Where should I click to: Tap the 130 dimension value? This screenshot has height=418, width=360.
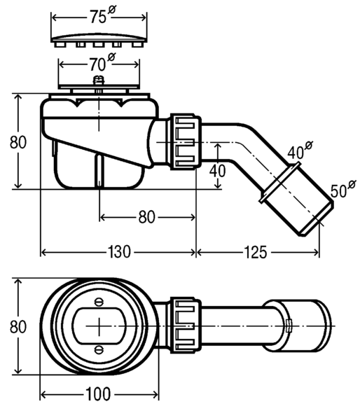(x=119, y=251)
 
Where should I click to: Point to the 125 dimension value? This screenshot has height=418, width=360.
(x=255, y=252)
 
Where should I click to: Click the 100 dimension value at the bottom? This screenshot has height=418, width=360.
(x=98, y=393)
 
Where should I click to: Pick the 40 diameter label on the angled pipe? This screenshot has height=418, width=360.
(x=300, y=151)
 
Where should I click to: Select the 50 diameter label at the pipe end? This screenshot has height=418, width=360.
(x=343, y=189)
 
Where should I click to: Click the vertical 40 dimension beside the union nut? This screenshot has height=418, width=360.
(x=217, y=171)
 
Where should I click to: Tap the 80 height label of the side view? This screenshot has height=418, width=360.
(x=18, y=142)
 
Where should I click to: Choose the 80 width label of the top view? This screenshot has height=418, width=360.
(x=18, y=326)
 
